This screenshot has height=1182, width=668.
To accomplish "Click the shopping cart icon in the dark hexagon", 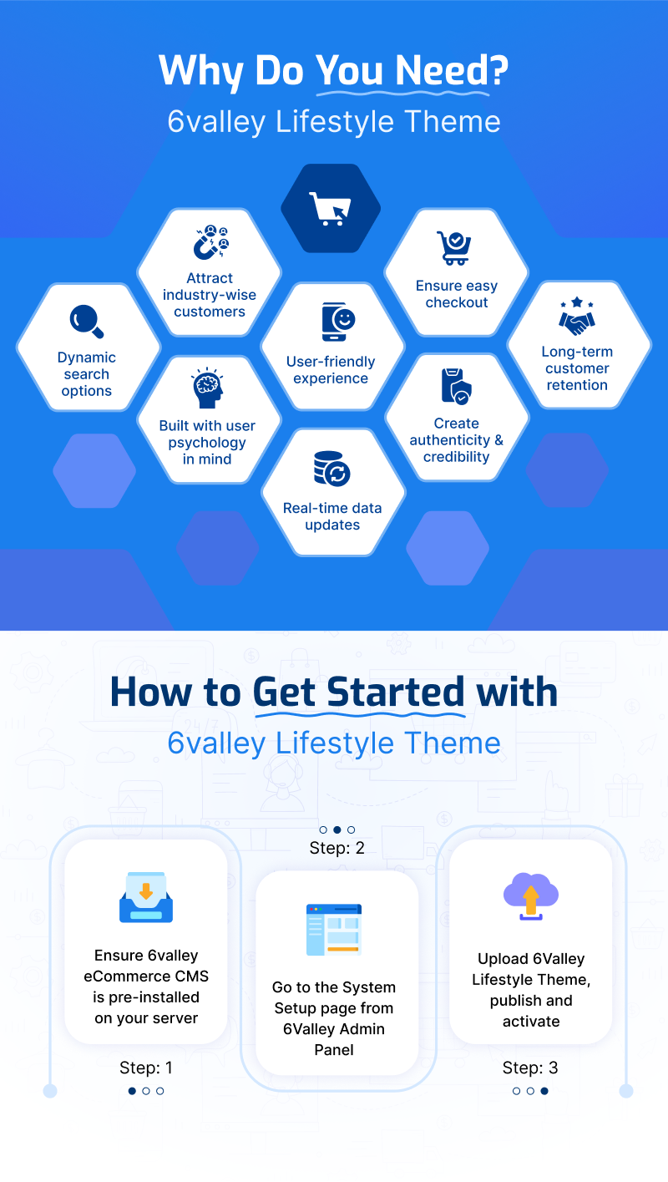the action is [x=330, y=209].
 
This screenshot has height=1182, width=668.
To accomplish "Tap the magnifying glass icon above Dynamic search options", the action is [x=87, y=321].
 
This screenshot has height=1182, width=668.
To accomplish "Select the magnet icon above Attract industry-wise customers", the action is [x=210, y=242].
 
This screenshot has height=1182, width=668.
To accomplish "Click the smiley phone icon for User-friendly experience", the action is [x=338, y=322].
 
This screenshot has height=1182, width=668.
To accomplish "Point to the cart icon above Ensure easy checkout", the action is [x=453, y=248].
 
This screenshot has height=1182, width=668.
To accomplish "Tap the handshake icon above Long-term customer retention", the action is [x=577, y=316].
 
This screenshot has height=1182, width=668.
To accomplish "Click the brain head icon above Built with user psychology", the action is [x=208, y=388].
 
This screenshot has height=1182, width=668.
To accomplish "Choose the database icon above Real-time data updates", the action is [x=331, y=469].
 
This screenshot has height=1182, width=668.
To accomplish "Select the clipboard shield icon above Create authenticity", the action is [x=456, y=386].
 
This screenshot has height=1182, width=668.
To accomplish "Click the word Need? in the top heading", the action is [x=452, y=70].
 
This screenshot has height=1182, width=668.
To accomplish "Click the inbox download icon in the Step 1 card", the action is [x=146, y=897].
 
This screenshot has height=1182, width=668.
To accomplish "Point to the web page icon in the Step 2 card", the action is [x=334, y=930].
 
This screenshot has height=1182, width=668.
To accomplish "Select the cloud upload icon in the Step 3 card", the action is [x=531, y=896].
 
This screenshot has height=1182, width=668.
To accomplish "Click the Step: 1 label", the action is [x=146, y=1068].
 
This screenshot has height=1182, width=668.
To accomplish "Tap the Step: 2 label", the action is [x=337, y=848].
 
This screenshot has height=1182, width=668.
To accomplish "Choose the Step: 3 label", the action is [x=530, y=1068].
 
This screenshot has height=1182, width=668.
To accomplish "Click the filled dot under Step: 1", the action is [x=132, y=1091].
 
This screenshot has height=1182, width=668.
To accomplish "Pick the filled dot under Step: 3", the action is [x=544, y=1091].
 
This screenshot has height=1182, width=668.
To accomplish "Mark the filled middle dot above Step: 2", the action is [x=337, y=829].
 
